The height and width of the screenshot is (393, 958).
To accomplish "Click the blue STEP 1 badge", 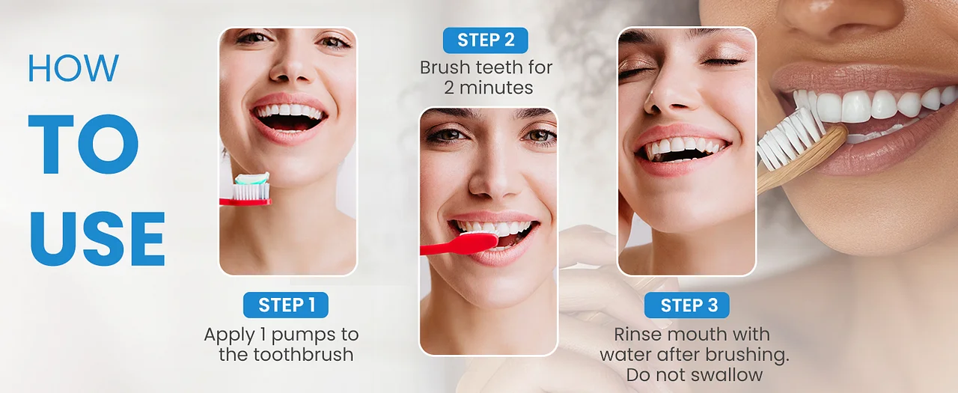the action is [x=286, y=305].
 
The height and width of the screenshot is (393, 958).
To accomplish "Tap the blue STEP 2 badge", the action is [x=486, y=40].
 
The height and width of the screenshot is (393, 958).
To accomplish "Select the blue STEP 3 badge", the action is [x=687, y=305].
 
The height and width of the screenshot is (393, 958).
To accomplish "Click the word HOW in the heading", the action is [x=73, y=68].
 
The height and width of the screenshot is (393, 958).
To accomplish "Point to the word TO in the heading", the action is [x=83, y=144].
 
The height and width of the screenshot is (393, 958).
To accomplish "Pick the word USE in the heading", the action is [x=97, y=239].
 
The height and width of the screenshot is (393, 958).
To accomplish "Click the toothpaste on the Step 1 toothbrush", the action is [x=252, y=178].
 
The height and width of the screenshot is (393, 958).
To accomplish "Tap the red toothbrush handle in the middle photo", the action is [x=457, y=246].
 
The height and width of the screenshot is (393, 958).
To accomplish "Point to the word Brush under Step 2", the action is [x=445, y=67].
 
